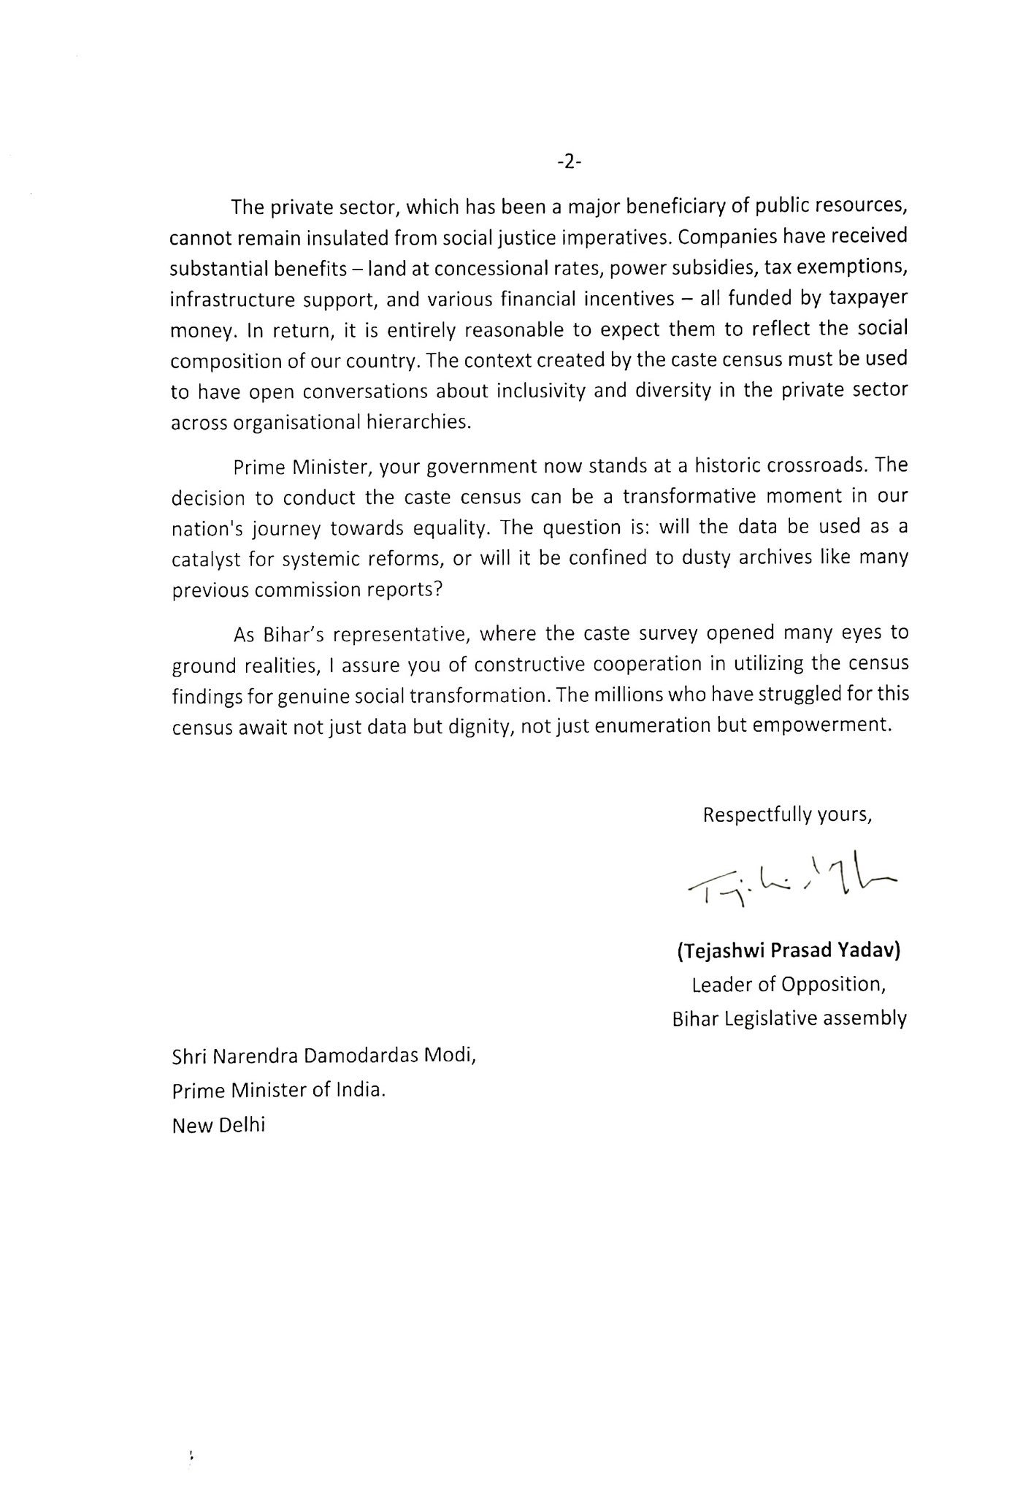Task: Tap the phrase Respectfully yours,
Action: (x=787, y=814)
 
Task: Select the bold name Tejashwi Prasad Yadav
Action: (x=789, y=951)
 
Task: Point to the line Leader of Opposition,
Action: (x=789, y=985)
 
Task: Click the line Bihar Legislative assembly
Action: (x=789, y=1018)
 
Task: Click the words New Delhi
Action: (x=218, y=1124)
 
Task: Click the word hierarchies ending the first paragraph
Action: (x=426, y=423)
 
